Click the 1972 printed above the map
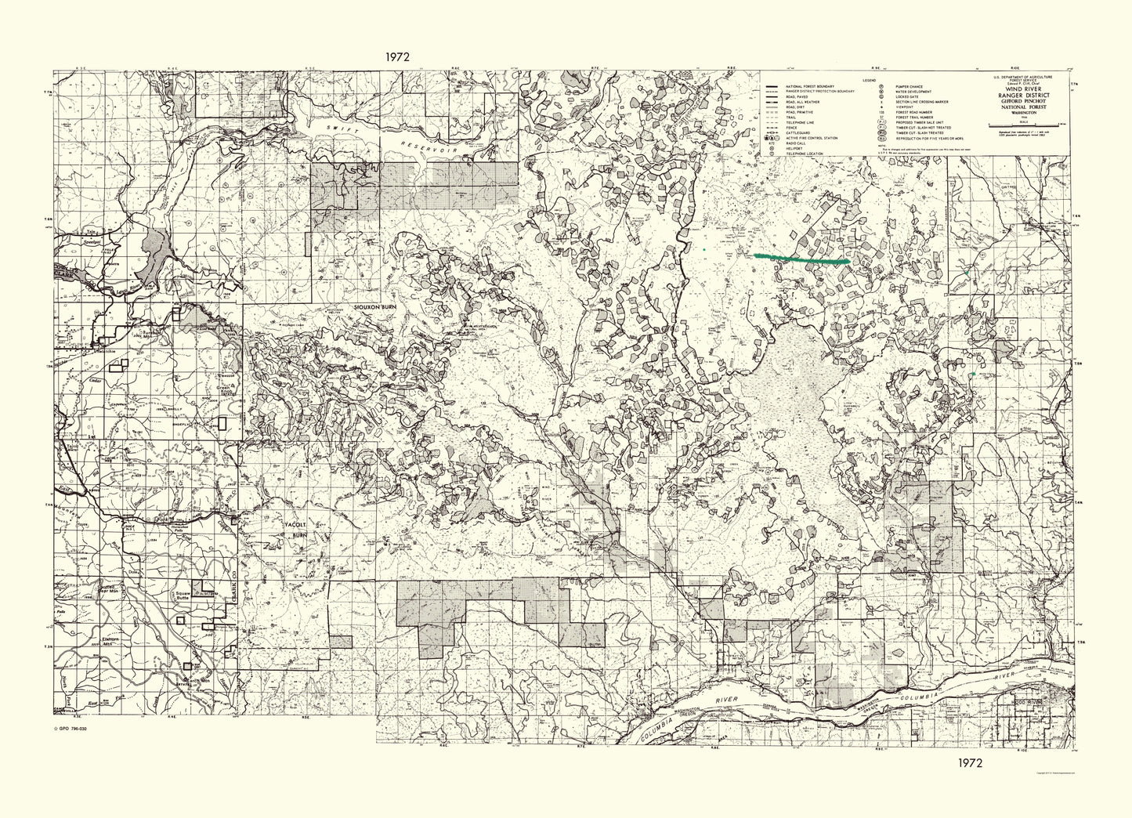click(399, 56)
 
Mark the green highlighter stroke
click(801, 258)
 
